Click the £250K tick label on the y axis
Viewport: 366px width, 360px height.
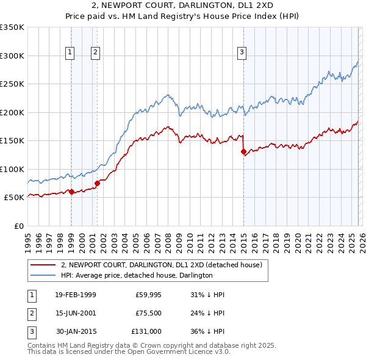12,84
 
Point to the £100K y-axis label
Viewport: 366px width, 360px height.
12,169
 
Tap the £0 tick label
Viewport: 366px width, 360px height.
18,226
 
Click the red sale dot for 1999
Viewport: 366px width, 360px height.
71,192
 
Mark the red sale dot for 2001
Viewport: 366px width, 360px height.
97,183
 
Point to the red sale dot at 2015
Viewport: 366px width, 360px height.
243,151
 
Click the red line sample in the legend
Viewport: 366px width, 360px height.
43,265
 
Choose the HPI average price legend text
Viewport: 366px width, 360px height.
137,275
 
